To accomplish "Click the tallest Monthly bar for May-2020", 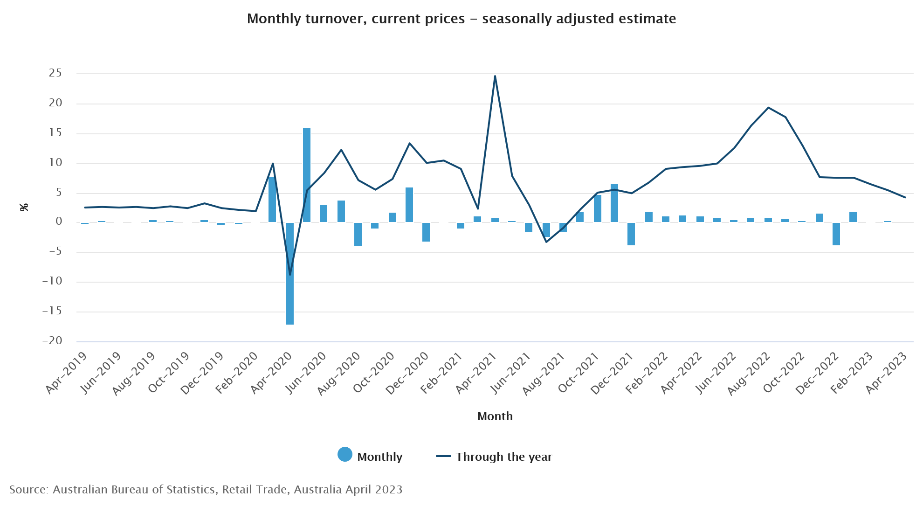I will [307, 175].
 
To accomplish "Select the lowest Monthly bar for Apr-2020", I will [290, 273].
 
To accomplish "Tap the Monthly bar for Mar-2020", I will [272, 200].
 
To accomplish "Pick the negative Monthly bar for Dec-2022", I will [836, 234].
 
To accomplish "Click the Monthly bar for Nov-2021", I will [614, 203].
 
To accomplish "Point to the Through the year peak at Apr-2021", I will [495, 76].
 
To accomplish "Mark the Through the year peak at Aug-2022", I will [768, 108].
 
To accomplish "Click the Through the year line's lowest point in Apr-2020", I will [290, 275].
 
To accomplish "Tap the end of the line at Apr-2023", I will [905, 197].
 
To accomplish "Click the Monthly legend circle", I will [345, 454].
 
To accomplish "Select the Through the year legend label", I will [503, 457].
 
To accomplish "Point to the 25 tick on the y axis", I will [55, 73].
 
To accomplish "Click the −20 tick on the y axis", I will [52, 341].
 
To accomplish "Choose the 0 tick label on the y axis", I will [59, 222].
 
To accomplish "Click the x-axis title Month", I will [495, 416].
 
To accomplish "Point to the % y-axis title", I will [24, 207].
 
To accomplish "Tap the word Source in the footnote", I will [28, 489].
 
